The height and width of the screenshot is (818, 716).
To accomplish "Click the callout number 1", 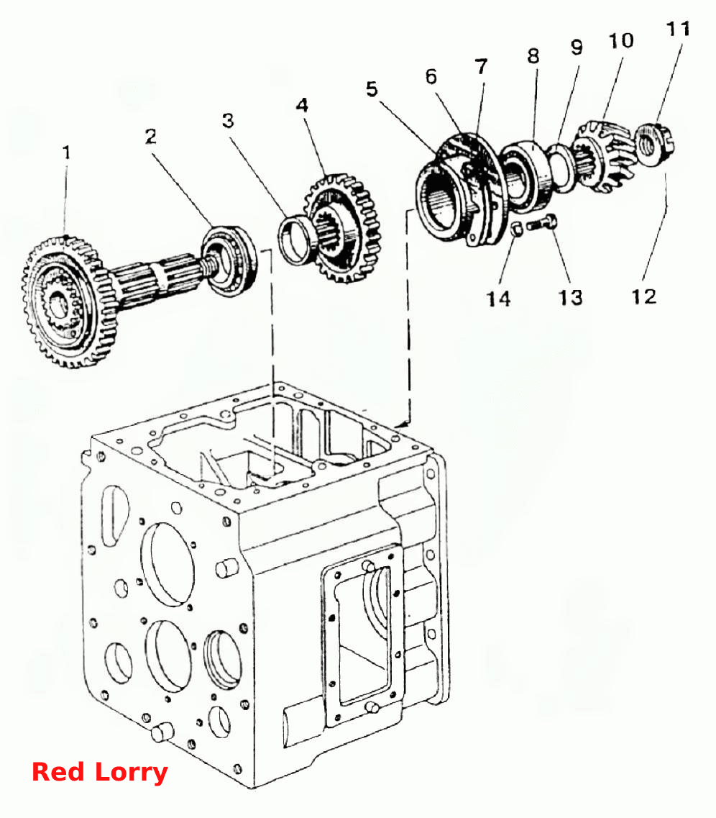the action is [x=66, y=153].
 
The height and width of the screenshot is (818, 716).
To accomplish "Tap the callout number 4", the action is [x=302, y=105].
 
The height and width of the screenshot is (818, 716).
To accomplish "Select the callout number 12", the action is [x=643, y=296].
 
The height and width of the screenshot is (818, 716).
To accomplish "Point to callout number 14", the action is [x=499, y=299].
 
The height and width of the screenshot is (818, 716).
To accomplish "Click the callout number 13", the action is [x=570, y=297].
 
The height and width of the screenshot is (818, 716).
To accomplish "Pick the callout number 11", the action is [x=679, y=29].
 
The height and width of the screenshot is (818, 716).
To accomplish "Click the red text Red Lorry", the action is [x=99, y=772].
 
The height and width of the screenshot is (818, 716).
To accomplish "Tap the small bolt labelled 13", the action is [x=542, y=224].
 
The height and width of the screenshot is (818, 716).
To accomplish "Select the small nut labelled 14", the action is [x=517, y=229].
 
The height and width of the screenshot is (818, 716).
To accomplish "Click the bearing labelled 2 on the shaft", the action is [x=229, y=261].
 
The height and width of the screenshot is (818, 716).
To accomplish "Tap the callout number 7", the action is [x=481, y=67].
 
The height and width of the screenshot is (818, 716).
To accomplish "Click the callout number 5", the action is [x=372, y=89].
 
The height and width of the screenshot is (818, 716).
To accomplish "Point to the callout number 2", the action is [x=150, y=137].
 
